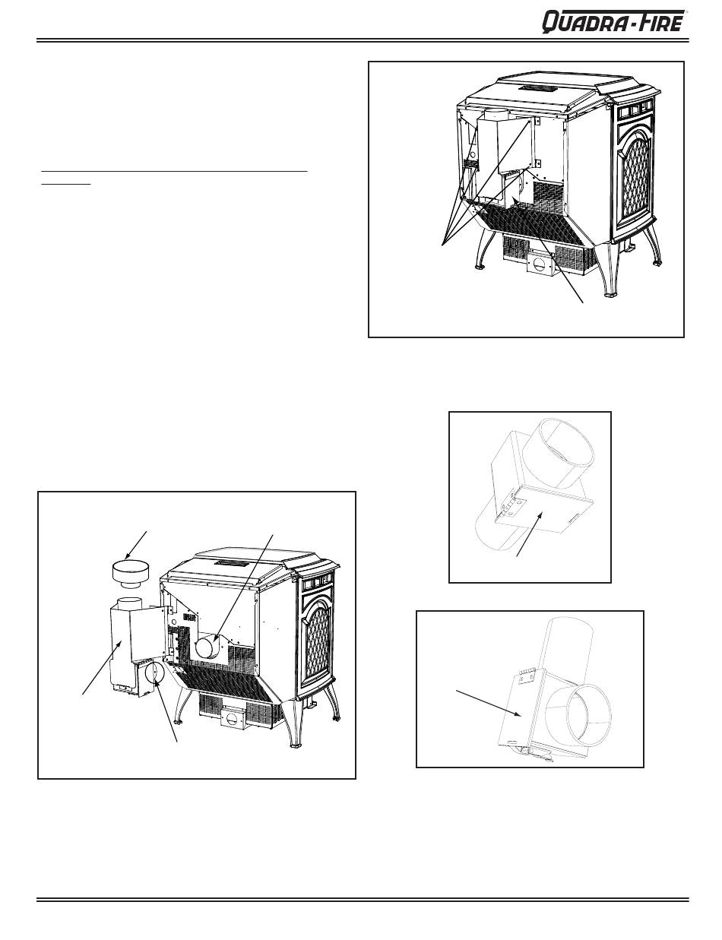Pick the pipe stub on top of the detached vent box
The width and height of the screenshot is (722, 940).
[130, 603]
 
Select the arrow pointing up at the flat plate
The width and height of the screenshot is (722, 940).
[529, 535]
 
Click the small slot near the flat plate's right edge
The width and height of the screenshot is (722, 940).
[574, 517]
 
